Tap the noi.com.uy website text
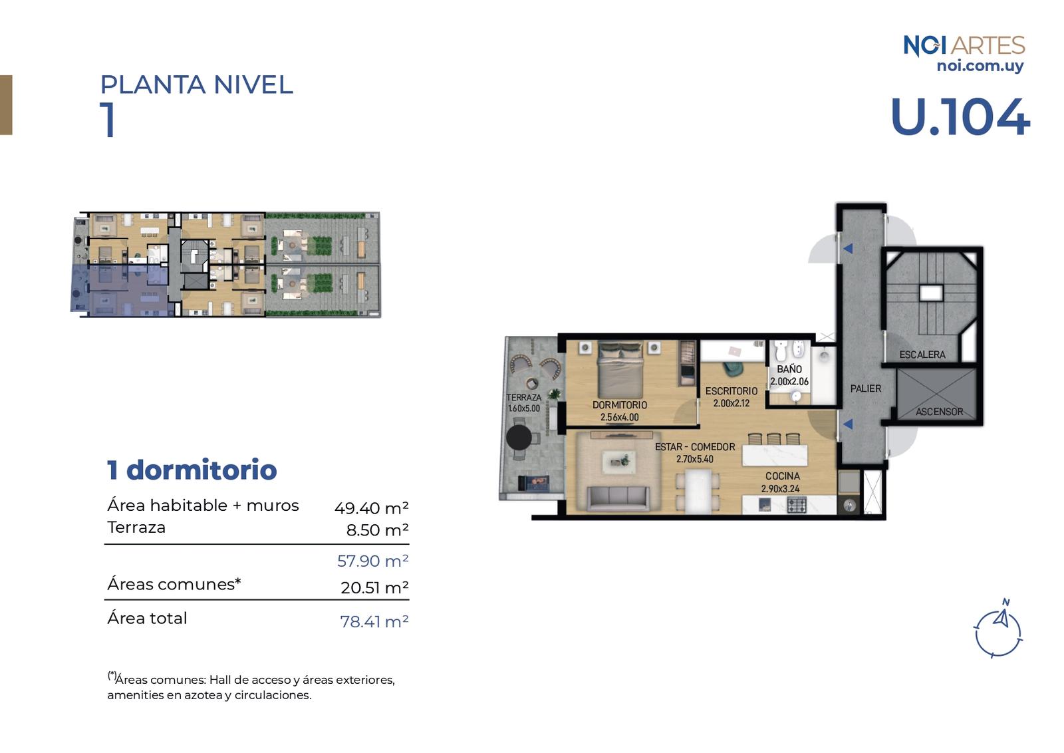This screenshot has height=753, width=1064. pyautogui.click(x=980, y=66)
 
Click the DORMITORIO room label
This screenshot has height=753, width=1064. pyautogui.click(x=619, y=405)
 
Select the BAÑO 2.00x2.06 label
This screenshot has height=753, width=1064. pyautogui.click(x=789, y=375)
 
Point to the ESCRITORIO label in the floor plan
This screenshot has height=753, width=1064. pyautogui.click(x=731, y=391)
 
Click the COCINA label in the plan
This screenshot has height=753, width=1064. pyautogui.click(x=782, y=476)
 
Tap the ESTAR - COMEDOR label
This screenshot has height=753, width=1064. pyautogui.click(x=695, y=447)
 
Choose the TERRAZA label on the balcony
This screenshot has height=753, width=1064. pyautogui.click(x=524, y=398)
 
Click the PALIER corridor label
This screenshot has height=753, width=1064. pyautogui.click(x=865, y=388)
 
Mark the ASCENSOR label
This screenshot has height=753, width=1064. pyautogui.click(x=939, y=412)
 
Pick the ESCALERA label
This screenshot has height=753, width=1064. pyautogui.click(x=922, y=355)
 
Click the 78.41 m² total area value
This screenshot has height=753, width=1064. pyautogui.click(x=374, y=621)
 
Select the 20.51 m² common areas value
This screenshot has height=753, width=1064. pyautogui.click(x=374, y=587)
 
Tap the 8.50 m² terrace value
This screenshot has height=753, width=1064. pyautogui.click(x=377, y=529)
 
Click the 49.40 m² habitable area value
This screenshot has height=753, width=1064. pyautogui.click(x=371, y=508)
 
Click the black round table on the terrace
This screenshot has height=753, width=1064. pyautogui.click(x=519, y=437)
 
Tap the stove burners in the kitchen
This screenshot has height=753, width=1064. pyautogui.click(x=797, y=504)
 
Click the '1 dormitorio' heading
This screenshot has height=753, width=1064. pyautogui.click(x=192, y=470)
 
